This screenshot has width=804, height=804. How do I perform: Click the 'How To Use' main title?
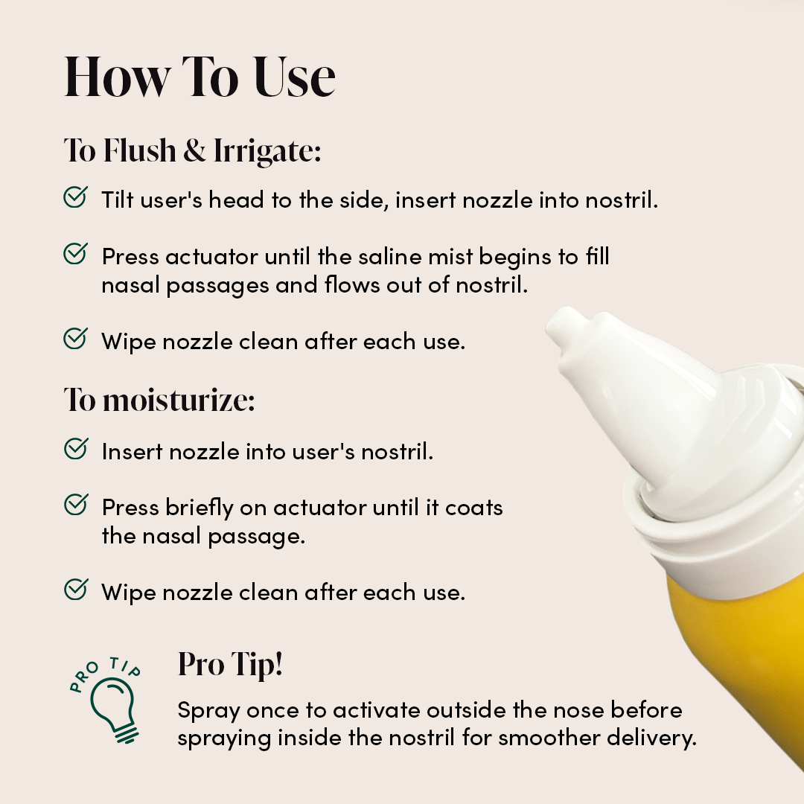coord(200,77)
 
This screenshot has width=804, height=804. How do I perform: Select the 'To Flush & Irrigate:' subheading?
coord(192,150)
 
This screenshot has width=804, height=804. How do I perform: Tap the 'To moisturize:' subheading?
coord(159,400)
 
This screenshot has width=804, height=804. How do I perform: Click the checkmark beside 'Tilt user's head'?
coord(75,198)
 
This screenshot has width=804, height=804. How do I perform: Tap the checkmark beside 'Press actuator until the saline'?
coord(75,255)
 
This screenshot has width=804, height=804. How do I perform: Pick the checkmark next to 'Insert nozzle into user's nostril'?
coord(75,449)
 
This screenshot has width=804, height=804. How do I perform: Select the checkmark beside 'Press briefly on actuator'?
coord(75,505)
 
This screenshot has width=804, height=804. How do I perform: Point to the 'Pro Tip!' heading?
coord(230,665)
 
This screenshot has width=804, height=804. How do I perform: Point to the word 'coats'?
coord(473,508)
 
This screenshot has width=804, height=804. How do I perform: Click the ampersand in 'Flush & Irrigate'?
coord(194,151)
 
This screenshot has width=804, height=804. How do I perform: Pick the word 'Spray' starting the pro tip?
coord(208,710)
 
